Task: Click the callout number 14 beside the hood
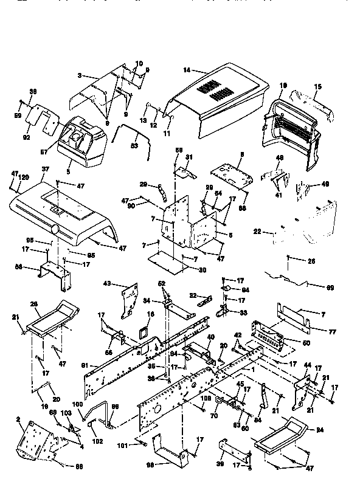pos(186,71)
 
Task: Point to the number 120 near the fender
pos(24,178)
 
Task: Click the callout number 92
pos(26,137)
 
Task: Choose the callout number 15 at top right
pos(317,87)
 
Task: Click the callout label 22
pos(257,232)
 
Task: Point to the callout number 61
pos(86,365)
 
